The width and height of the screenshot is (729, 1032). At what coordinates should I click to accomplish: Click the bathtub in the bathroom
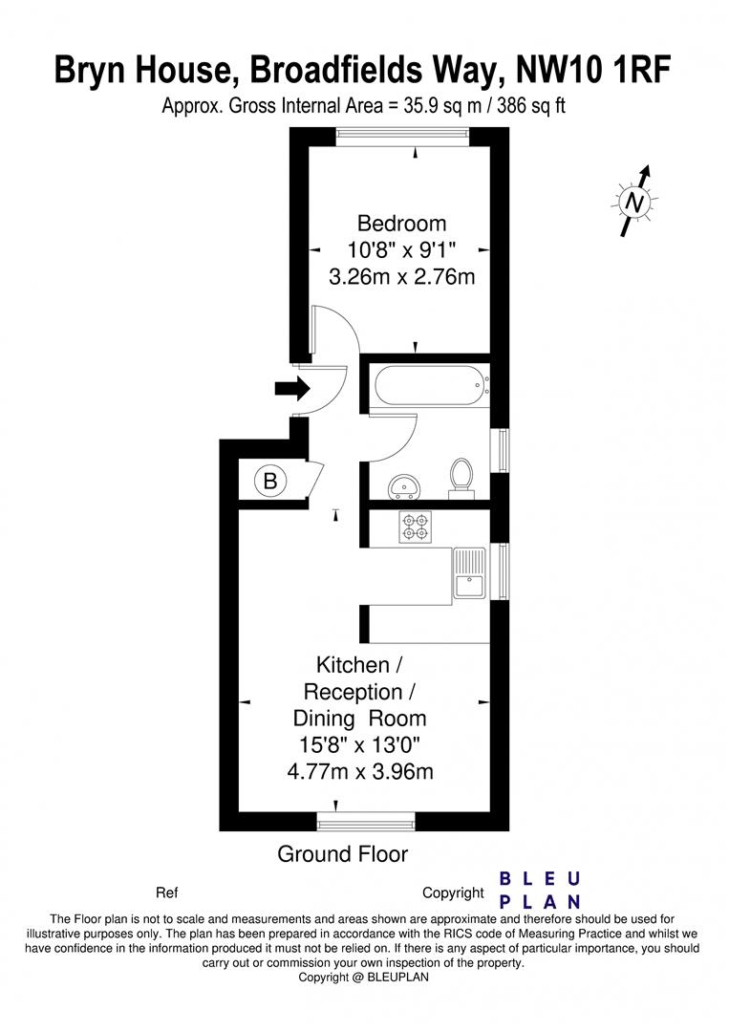pyautogui.click(x=430, y=387)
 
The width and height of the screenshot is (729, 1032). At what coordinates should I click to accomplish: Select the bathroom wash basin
pyautogui.click(x=405, y=487)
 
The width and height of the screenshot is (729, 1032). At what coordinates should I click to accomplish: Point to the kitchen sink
pyautogui.click(x=469, y=573)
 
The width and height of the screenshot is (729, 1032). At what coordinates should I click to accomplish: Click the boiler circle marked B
pyautogui.click(x=269, y=482)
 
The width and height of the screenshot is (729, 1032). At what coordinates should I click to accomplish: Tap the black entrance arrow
pyautogui.click(x=292, y=388)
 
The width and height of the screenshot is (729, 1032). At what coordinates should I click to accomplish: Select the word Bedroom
pyautogui.click(x=401, y=224)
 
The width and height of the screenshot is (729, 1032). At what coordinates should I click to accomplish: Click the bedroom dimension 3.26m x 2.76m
pyautogui.click(x=401, y=278)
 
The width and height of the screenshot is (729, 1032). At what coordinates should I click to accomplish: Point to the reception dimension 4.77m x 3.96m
pyautogui.click(x=360, y=771)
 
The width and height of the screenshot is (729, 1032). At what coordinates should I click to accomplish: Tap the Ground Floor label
pyautogui.click(x=342, y=854)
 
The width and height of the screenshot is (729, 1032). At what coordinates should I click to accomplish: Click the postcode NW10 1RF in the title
pyautogui.click(x=594, y=70)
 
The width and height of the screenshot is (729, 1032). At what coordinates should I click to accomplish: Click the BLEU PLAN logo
pyautogui.click(x=541, y=890)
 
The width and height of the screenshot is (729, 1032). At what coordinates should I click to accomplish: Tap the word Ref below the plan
pyautogui.click(x=166, y=893)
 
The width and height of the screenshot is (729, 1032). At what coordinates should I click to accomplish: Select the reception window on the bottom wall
pyautogui.click(x=367, y=821)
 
